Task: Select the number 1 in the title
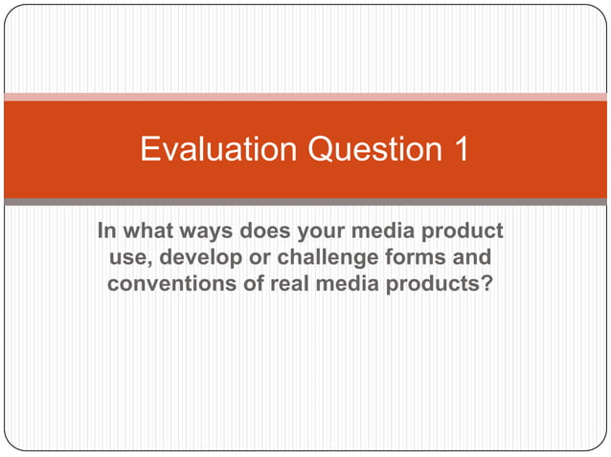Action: [459, 150]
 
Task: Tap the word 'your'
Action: [321, 232]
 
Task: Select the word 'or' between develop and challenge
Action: [247, 258]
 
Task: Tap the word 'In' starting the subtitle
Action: [107, 232]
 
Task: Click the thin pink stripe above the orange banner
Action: [305, 97]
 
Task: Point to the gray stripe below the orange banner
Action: [305, 202]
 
